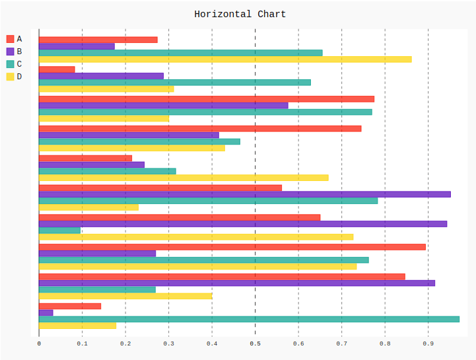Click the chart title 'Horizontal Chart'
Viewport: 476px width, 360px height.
[x=240, y=14]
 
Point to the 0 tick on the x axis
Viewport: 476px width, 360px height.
[x=39, y=343]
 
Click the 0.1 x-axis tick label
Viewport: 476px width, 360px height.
[x=82, y=343]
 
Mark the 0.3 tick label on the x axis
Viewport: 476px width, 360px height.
[x=168, y=343]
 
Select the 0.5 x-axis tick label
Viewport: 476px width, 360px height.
[x=255, y=343]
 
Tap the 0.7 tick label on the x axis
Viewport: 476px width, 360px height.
[x=341, y=343]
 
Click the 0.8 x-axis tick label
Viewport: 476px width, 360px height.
[x=384, y=343]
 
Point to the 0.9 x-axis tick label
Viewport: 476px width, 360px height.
[x=428, y=343]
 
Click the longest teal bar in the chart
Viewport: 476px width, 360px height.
[x=249, y=319]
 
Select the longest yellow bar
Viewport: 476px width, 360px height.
[x=225, y=59]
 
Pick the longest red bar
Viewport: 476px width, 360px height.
[x=232, y=247]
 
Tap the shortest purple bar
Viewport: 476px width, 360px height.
[x=46, y=312]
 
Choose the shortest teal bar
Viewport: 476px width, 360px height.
[x=59, y=231]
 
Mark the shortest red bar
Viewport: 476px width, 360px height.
[x=57, y=69]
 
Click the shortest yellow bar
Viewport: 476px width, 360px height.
[x=77, y=325]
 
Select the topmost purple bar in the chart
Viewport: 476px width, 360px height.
[x=77, y=46]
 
